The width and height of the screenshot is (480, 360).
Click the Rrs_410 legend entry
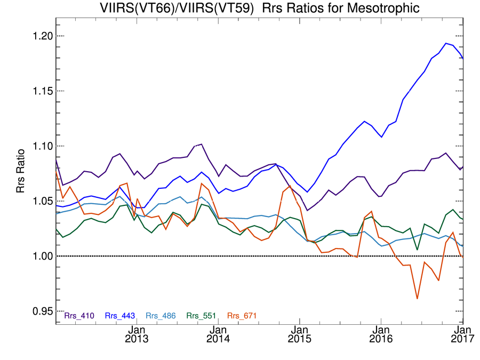pyautogui.click(x=79, y=316)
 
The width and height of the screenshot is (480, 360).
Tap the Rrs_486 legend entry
pyautogui.click(x=161, y=316)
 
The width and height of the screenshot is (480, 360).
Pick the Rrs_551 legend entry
pyautogui.click(x=202, y=316)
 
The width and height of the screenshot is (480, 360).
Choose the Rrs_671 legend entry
pyautogui.click(x=242, y=316)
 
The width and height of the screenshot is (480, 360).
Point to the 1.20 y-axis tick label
pyautogui.click(x=38, y=36)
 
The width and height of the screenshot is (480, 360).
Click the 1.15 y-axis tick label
pyautogui.click(x=38, y=91)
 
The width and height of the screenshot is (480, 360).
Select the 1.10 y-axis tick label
pyautogui.click(x=38, y=146)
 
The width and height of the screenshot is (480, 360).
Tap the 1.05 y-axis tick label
pyautogui.click(x=38, y=201)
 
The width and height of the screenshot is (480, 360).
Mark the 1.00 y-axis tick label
pyautogui.click(x=38, y=256)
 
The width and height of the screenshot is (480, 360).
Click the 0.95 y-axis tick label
pyautogui.click(x=38, y=311)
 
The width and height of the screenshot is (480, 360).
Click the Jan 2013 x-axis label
pyautogui.click(x=137, y=334)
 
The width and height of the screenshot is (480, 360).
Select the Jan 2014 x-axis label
pyautogui.click(x=218, y=334)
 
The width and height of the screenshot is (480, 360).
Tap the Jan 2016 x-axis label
pyautogui.click(x=381, y=334)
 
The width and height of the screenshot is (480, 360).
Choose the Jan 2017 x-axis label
pyautogui.click(x=462, y=334)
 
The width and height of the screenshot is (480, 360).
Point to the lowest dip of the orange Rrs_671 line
pyautogui.click(x=417, y=299)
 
